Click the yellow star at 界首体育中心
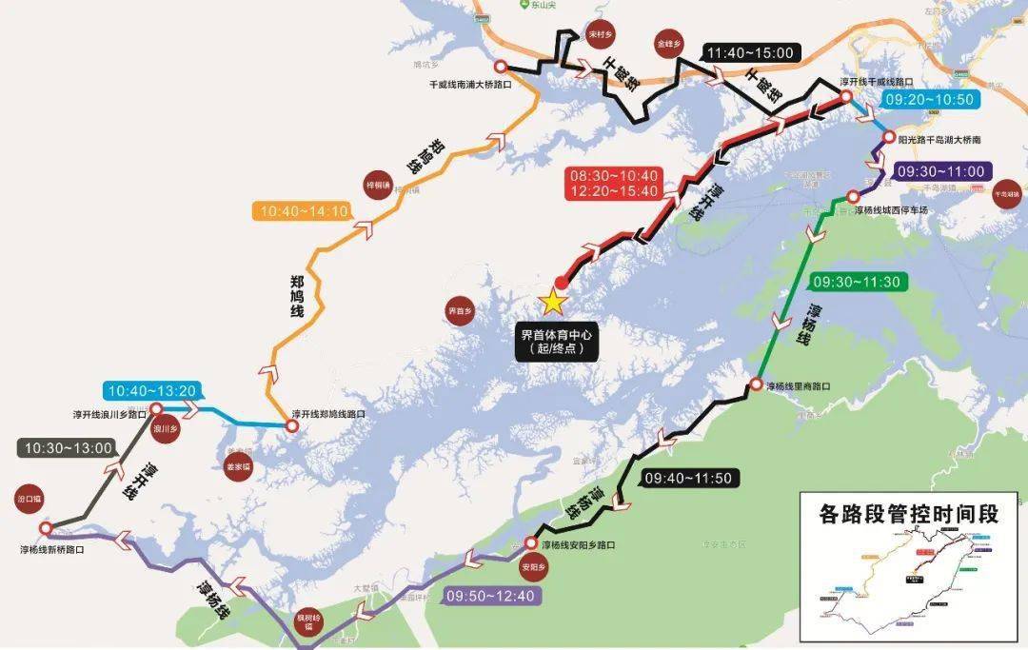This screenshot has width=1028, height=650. click(x=551, y=303)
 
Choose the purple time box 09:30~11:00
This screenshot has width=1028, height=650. click(x=940, y=171)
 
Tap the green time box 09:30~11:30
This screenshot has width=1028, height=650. click(x=856, y=282)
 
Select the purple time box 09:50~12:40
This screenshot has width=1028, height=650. click(x=491, y=596)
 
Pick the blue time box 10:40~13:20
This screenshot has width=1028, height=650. click(x=152, y=390)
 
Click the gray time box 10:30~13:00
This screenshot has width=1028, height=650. click(x=66, y=447)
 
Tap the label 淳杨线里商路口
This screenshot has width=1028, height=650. click(x=799, y=387)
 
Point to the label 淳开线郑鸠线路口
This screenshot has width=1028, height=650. click(x=328, y=414)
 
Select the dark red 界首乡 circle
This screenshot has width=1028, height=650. click(x=460, y=310)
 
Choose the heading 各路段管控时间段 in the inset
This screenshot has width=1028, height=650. click(x=908, y=515)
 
